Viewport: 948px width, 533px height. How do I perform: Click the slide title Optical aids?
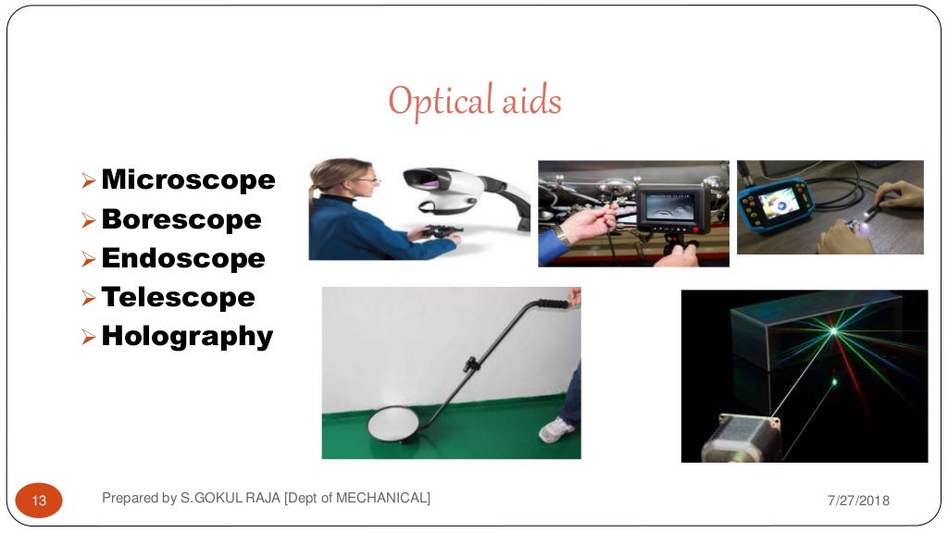[x=474, y=101]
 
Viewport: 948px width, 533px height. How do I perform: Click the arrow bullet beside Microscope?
[x=89, y=180]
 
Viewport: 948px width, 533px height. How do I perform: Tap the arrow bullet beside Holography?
[x=89, y=336]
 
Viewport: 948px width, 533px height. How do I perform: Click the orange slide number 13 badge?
[x=40, y=501]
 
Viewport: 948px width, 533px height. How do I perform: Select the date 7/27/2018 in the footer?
[x=857, y=501]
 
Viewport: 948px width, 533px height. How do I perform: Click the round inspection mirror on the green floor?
[x=396, y=425]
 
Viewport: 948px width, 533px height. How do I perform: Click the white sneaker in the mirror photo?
[x=556, y=429]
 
